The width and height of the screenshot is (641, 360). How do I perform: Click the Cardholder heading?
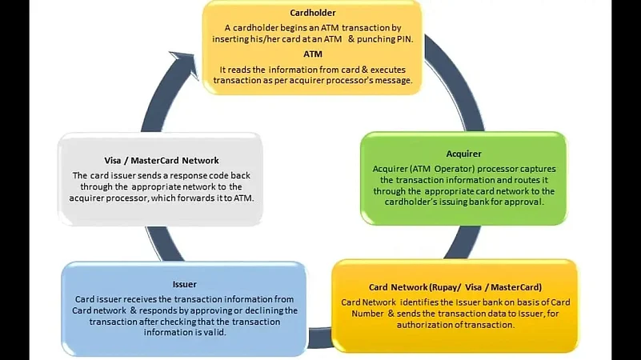(313, 13)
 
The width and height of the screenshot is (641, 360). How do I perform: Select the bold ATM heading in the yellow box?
(313, 54)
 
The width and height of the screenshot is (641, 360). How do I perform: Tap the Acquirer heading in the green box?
(463, 154)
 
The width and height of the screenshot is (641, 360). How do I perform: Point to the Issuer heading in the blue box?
(184, 284)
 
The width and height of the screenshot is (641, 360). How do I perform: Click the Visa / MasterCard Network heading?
(162, 161)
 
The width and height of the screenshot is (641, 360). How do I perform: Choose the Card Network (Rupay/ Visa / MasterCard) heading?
(455, 287)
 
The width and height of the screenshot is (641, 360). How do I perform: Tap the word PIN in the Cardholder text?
(404, 39)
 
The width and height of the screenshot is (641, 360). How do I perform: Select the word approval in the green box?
(527, 202)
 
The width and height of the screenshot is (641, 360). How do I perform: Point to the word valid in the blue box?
(217, 333)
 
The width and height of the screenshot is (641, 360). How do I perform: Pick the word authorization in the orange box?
(422, 325)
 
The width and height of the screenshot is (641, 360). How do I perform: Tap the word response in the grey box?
(188, 176)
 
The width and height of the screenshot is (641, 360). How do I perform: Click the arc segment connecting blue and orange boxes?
(320, 338)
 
